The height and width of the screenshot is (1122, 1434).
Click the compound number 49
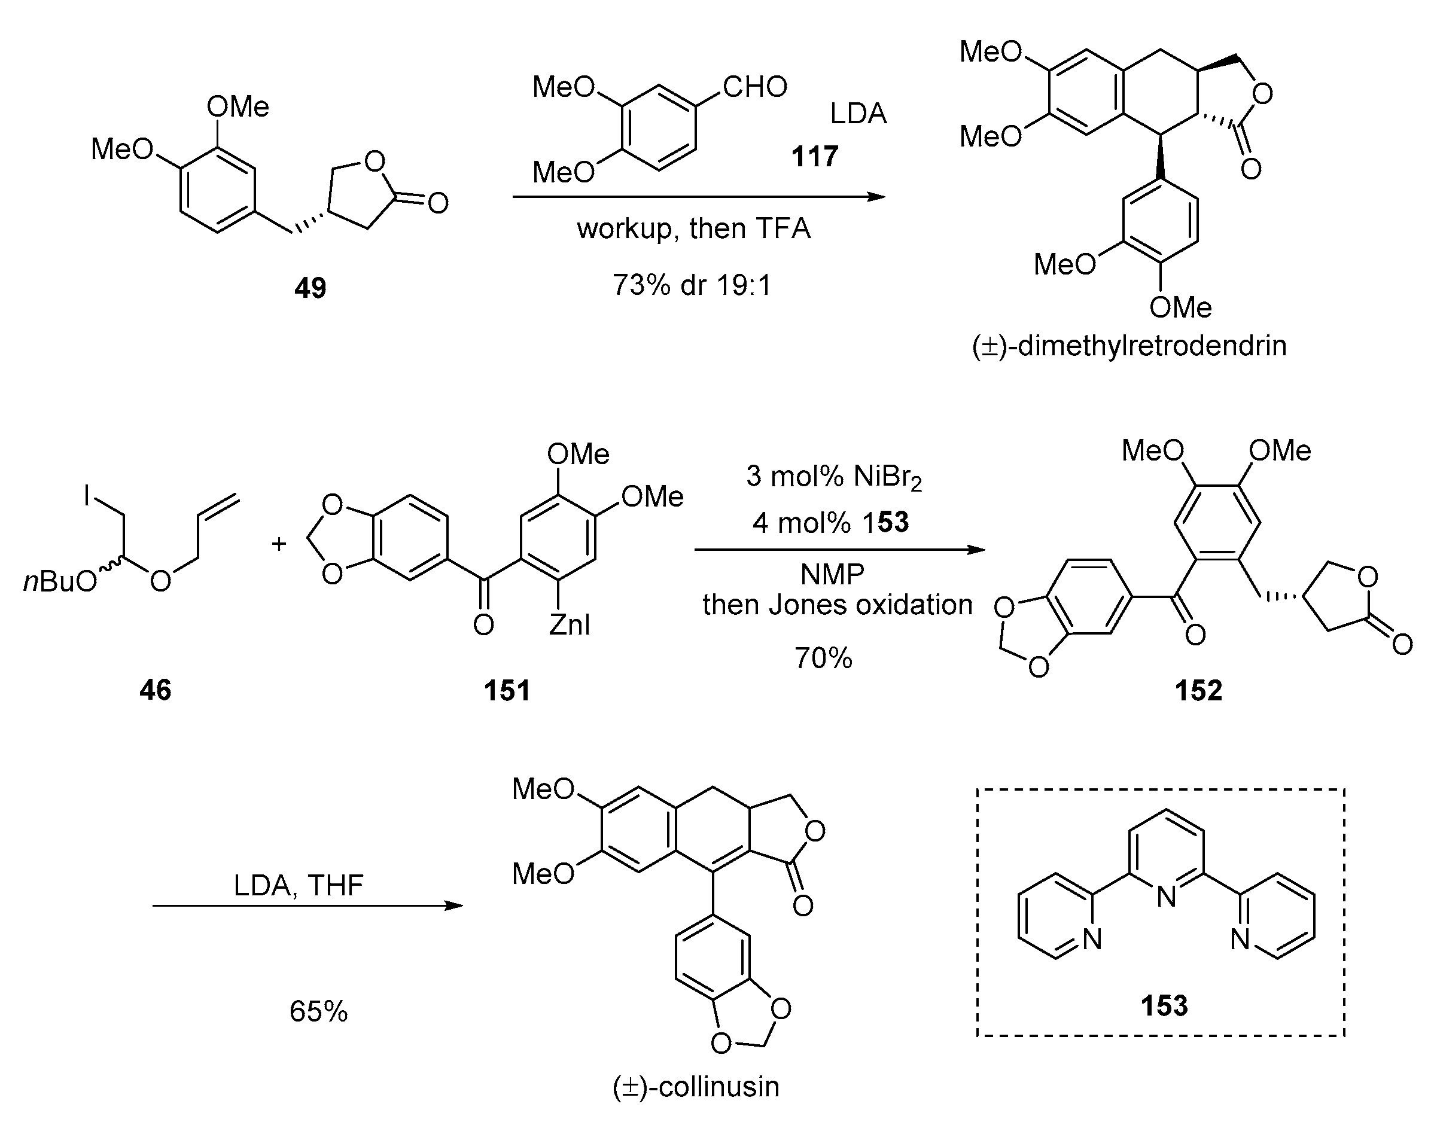310,287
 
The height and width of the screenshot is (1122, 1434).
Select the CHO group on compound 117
754,87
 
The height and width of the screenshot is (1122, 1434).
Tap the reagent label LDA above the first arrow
858,114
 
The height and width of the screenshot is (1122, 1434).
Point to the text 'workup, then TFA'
693,228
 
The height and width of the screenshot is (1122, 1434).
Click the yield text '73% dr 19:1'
692,285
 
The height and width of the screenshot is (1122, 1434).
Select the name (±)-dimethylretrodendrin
1128,346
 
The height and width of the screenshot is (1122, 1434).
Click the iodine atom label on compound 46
87,495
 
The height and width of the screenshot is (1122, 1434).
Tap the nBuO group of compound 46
60,581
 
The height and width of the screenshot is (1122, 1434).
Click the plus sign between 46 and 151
279,543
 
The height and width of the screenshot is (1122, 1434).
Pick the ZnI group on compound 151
569,624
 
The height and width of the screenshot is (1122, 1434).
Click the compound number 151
507,690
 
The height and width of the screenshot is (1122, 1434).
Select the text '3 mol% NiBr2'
833,476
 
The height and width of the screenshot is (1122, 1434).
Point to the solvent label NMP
832,575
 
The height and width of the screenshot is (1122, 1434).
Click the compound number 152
1198,690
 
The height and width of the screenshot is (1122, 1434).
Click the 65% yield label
318,1011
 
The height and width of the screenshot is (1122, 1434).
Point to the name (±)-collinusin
695,1087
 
